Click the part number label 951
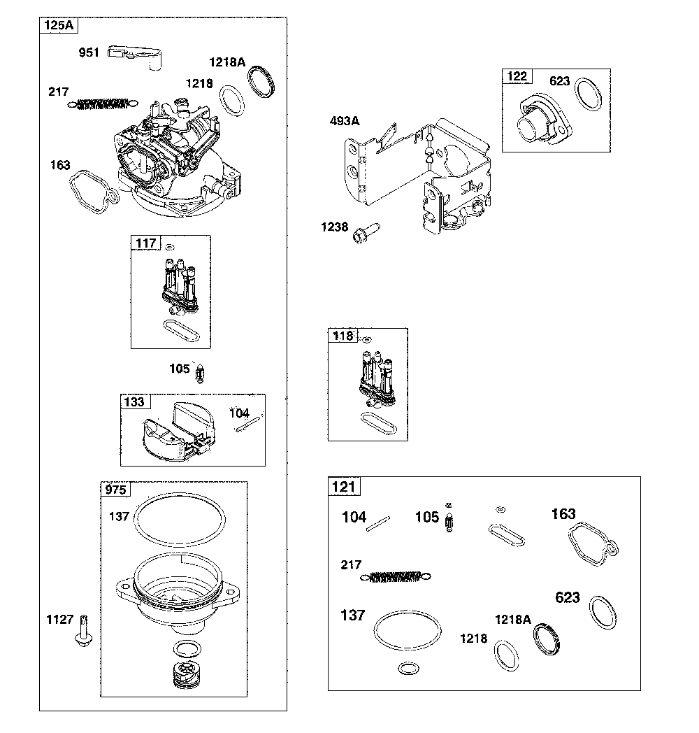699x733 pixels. (x=90, y=52)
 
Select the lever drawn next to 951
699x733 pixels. (x=137, y=57)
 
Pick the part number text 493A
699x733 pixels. (x=344, y=121)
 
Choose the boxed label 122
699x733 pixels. (x=517, y=76)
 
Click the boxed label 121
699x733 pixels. (x=345, y=487)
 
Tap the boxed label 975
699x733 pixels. (x=116, y=490)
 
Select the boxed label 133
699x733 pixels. (x=134, y=401)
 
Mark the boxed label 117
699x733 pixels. (x=146, y=243)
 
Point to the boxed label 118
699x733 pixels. (x=343, y=336)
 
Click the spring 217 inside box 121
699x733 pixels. (x=394, y=576)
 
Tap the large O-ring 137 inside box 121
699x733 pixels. (x=408, y=632)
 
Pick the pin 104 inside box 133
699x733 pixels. (x=247, y=422)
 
